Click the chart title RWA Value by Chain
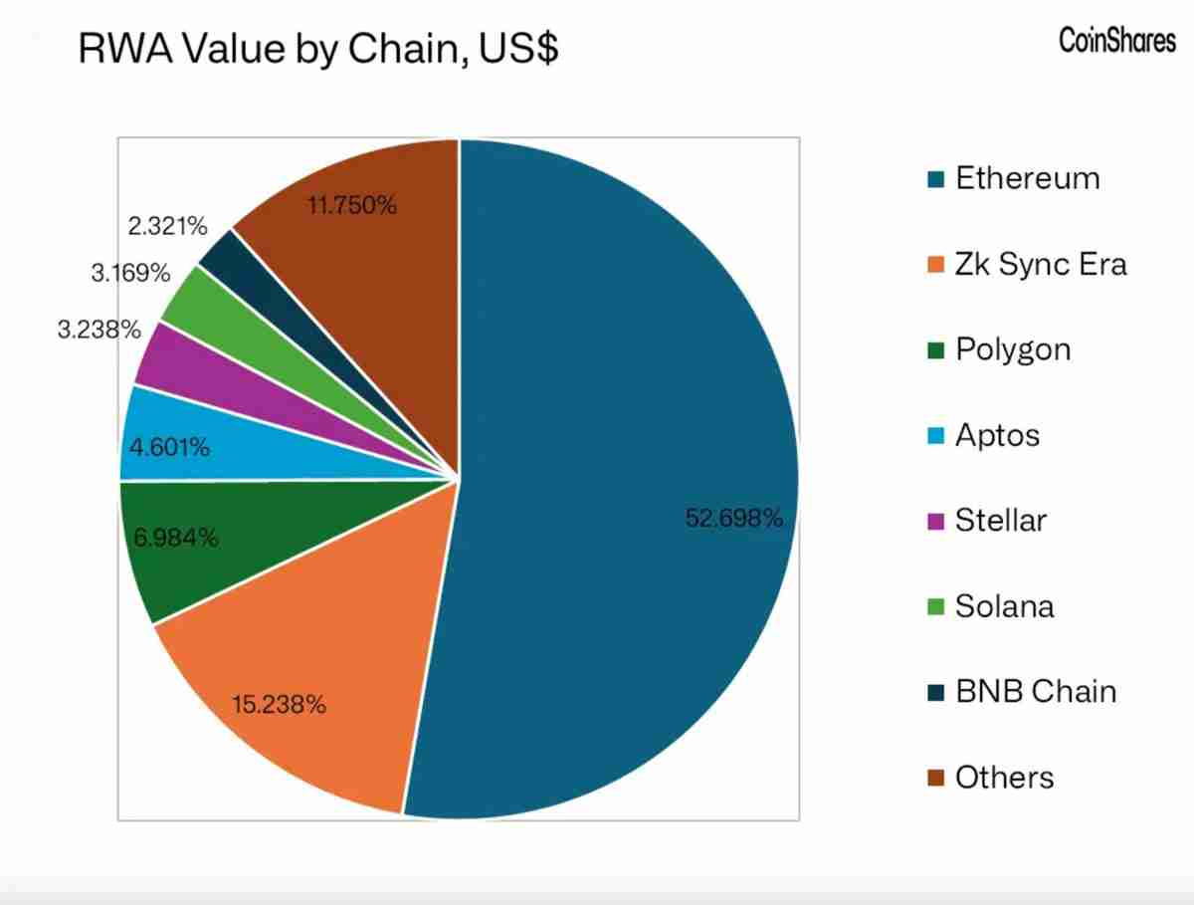click(317, 49)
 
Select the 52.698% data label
click(734, 519)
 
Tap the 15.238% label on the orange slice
click(279, 705)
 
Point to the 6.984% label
click(175, 539)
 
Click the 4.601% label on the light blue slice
click(170, 448)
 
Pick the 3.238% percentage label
click(99, 330)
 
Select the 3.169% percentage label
click(130, 273)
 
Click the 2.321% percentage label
click(168, 226)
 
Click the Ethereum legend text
click(1028, 179)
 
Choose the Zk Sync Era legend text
click(1041, 265)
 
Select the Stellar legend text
click(1001, 520)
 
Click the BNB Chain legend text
click(1036, 691)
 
